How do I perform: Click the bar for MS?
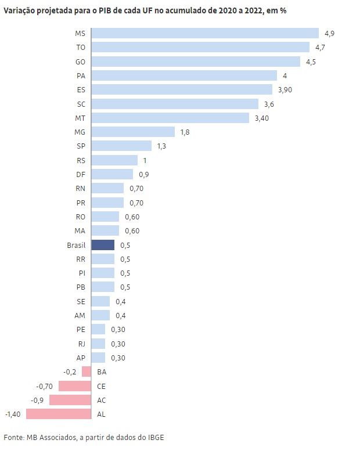click(205, 33)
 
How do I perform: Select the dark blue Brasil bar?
click(103, 245)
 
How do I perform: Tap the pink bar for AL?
click(59, 414)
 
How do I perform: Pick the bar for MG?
click(133, 132)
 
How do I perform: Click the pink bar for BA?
click(87, 372)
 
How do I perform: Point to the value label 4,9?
click(329, 34)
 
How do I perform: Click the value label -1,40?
click(13, 414)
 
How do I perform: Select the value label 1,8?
click(185, 132)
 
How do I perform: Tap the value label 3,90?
click(285, 90)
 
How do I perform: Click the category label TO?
click(81, 48)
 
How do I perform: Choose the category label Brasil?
click(76, 246)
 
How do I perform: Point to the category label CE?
click(102, 386)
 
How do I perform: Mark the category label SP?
click(81, 146)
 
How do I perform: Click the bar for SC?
click(175, 104)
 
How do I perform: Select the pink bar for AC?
click(70, 400)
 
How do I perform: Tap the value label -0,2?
click(70, 372)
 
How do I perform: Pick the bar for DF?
click(112, 174)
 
